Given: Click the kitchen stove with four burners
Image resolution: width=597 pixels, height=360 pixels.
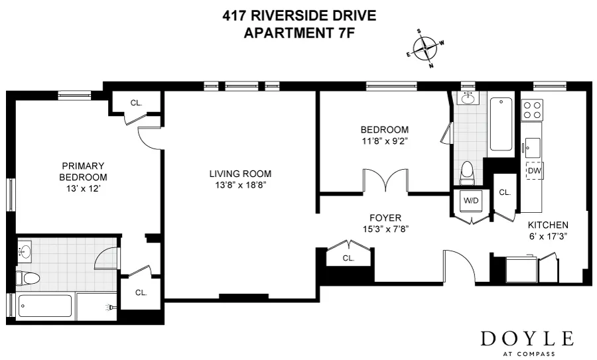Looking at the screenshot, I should coord(532,109).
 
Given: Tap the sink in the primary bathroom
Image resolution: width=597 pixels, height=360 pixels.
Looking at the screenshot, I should coord(26,252).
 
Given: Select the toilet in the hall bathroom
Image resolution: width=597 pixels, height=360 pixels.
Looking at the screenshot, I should coord(467,172).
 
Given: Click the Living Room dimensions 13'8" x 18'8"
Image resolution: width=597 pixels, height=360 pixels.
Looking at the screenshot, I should coord(240,185).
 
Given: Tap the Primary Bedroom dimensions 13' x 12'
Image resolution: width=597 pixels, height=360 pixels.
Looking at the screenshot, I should coord(83,188).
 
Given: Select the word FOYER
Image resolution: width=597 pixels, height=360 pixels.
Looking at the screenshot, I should coord(385,217).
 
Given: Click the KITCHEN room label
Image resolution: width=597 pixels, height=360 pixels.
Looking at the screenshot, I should coord(547,225).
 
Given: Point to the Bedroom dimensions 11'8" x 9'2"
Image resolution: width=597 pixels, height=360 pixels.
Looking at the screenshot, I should coord(384,141).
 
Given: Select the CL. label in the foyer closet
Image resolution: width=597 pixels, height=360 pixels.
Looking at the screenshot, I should coord(349,259).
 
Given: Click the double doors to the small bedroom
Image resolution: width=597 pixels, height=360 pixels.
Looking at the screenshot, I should coord(384,181).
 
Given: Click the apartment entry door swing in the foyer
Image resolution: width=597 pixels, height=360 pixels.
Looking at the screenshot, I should coord(460,265).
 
